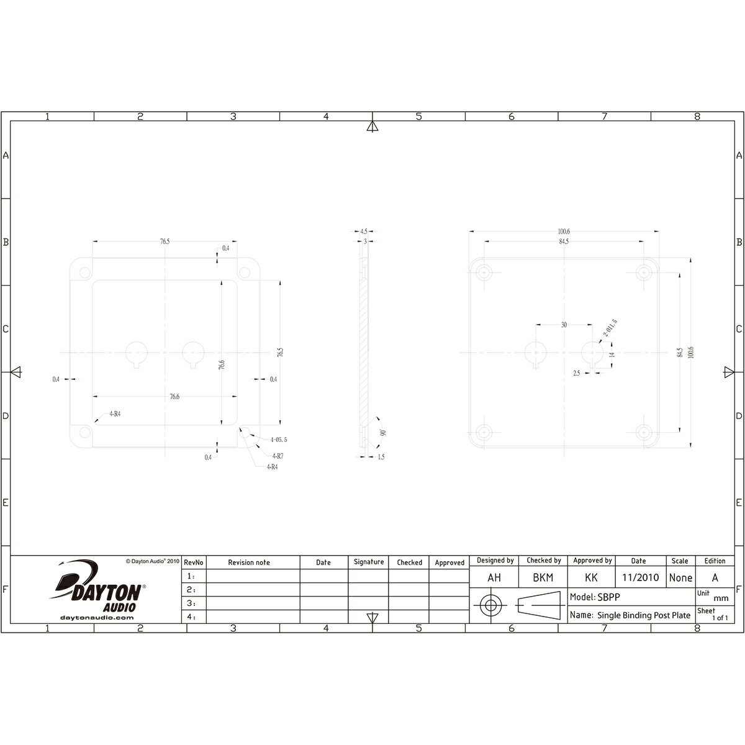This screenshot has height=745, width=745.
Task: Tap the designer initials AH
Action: (494, 577)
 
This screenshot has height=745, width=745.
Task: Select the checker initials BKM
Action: (543, 577)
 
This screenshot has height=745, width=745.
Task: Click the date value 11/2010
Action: (640, 577)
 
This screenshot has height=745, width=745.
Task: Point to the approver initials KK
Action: (591, 577)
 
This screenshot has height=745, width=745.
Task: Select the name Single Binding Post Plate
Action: (643, 615)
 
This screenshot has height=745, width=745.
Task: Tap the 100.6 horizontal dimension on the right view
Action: (564, 232)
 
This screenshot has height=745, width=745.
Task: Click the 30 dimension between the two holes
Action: (564, 324)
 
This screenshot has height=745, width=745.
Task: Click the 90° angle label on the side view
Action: (383, 432)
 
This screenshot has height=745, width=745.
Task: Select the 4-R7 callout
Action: (279, 455)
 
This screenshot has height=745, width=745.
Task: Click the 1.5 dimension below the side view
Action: (381, 456)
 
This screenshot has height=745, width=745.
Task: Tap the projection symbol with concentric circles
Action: (491, 606)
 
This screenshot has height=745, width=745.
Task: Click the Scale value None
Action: (680, 577)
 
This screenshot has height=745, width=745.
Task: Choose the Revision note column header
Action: (249, 562)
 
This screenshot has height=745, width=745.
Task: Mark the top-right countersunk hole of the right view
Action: (646, 272)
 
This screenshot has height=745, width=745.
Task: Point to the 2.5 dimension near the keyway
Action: (577, 373)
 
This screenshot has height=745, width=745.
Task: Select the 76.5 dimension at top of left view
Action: (164, 242)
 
